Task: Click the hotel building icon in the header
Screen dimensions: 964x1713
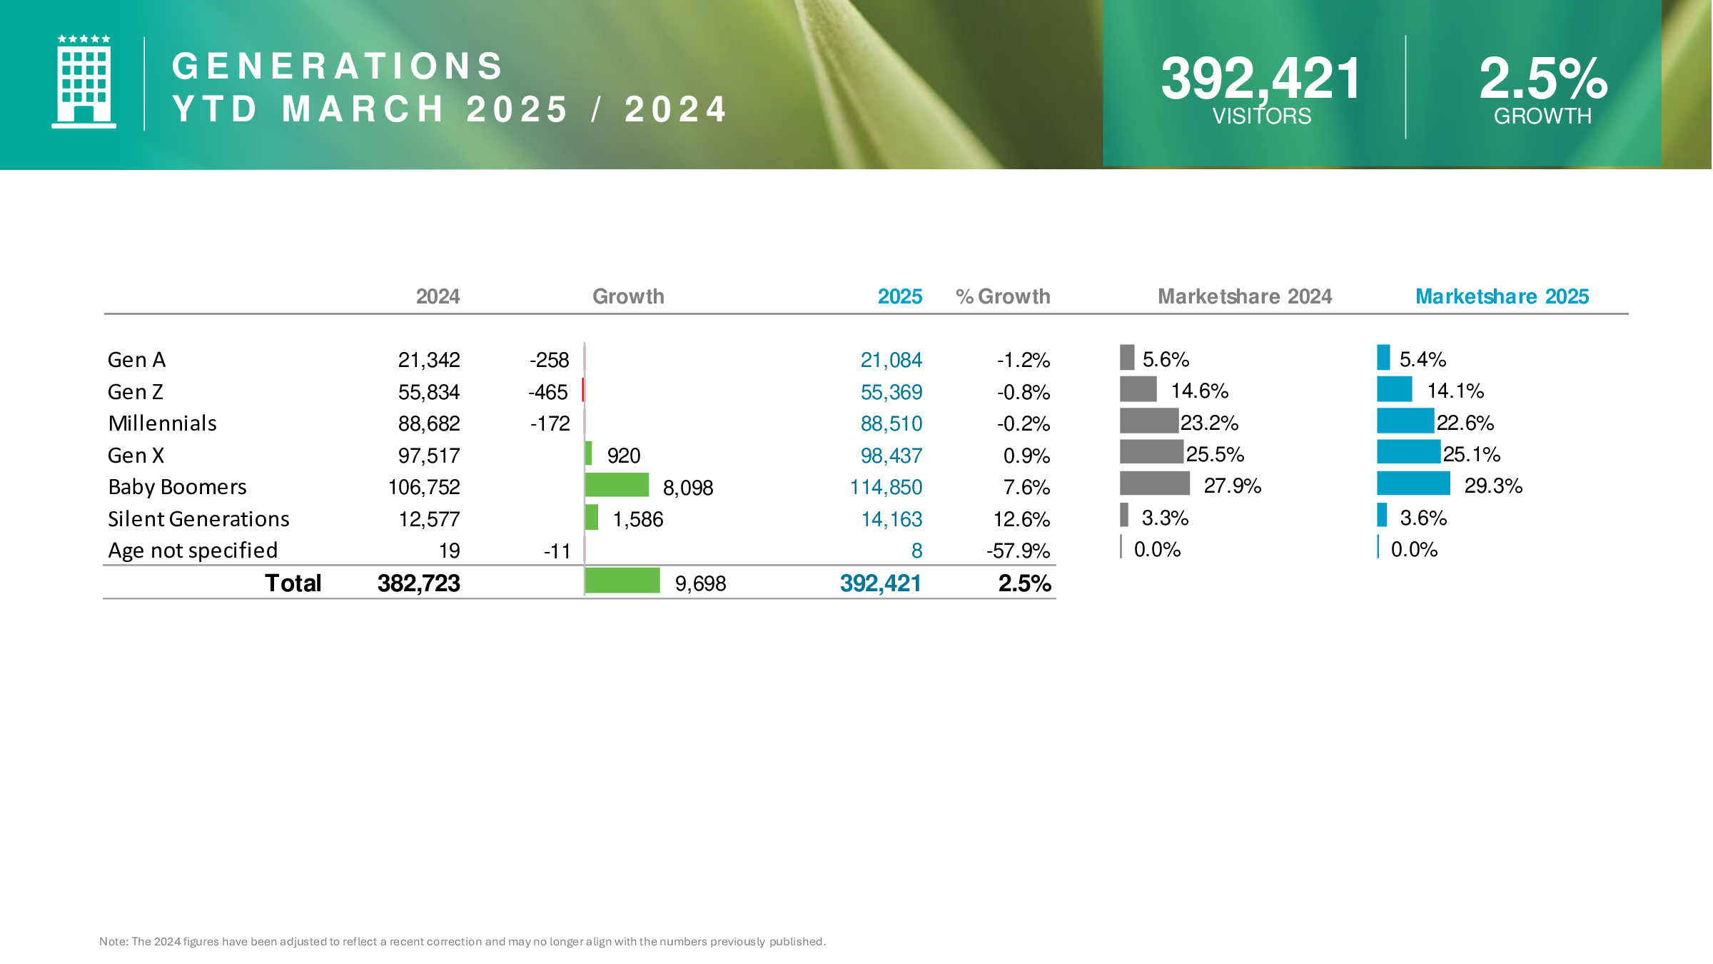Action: pos(84,82)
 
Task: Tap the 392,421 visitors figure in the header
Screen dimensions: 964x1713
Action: pos(1260,79)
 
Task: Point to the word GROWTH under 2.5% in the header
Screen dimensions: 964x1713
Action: pos(1542,116)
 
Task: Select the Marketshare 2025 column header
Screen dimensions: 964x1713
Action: pos(1502,296)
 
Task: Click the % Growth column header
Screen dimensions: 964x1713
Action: pos(1003,296)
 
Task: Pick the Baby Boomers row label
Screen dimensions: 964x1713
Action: pos(177,487)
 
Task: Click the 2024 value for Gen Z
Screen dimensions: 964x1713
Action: pos(428,392)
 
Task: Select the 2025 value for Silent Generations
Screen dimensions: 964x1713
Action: pos(891,519)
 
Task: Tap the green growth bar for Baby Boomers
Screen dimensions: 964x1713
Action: pos(617,485)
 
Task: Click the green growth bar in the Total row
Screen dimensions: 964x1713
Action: pos(622,581)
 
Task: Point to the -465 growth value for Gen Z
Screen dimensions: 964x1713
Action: pos(548,392)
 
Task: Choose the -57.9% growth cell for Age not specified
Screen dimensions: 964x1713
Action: pos(1018,551)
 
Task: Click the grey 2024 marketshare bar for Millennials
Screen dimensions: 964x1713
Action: pos(1148,421)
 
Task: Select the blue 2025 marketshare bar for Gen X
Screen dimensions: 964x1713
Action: pos(1408,452)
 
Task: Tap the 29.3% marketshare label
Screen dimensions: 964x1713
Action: pos(1493,486)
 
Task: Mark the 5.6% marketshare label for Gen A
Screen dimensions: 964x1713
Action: pos(1166,359)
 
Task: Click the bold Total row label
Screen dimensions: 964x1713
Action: pos(293,583)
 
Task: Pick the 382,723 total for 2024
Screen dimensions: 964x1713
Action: pos(418,583)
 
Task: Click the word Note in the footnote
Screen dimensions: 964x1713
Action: pos(113,941)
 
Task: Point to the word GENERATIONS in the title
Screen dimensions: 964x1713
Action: pos(338,66)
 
